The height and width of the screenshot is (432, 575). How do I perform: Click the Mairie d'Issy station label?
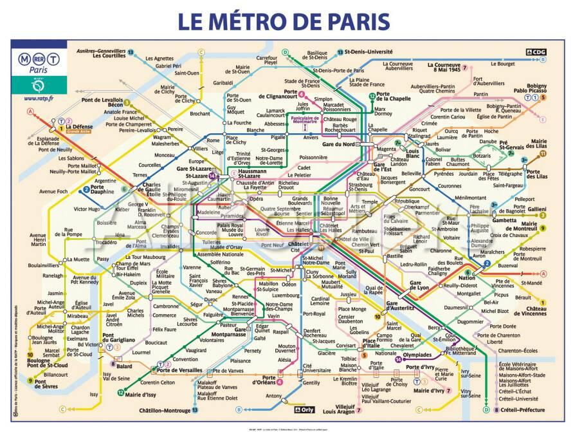(141, 393)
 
